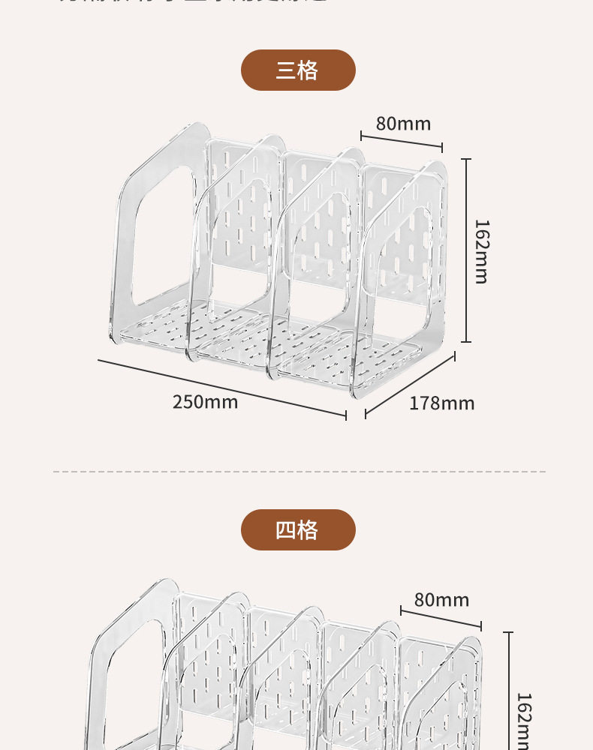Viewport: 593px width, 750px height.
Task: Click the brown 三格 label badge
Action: [x=298, y=70]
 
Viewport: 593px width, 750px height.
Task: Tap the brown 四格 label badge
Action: [x=298, y=530]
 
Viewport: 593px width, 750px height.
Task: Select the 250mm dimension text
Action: [x=205, y=402]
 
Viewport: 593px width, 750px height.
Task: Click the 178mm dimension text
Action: [x=441, y=403]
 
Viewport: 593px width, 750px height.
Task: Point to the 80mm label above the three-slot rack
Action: [x=403, y=124]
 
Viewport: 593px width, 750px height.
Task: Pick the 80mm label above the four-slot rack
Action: [x=441, y=600]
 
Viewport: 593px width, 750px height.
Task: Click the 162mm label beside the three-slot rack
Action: [x=482, y=251]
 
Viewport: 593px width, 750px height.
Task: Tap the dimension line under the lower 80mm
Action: [x=441, y=618]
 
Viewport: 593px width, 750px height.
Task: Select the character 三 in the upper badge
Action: [x=286, y=70]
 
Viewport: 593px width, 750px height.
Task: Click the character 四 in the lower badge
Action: [x=286, y=530]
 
